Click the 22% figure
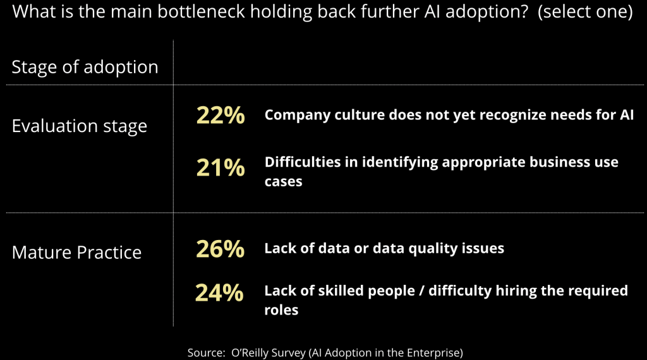[220, 116]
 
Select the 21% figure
[220, 167]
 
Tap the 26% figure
[220, 248]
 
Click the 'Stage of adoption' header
[85, 67]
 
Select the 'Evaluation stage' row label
[79, 126]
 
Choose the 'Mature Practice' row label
[76, 253]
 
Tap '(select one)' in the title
[585, 13]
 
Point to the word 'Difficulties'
[303, 162]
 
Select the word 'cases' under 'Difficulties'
[283, 182]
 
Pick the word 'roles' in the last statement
[281, 310]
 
